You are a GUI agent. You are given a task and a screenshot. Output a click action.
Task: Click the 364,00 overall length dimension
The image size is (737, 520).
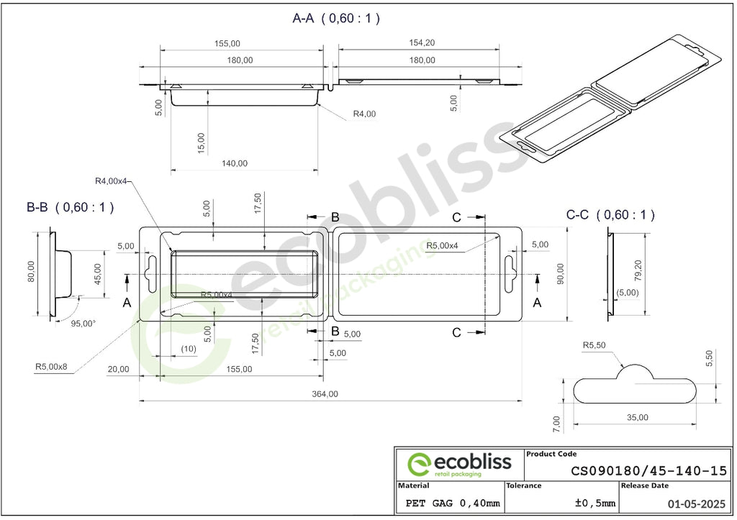click(325, 394)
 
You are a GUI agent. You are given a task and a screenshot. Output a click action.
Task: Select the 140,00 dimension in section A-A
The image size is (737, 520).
click(235, 163)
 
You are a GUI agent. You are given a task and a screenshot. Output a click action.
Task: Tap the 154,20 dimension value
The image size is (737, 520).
click(422, 42)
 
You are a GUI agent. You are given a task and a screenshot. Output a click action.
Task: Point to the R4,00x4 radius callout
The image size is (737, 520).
click(112, 181)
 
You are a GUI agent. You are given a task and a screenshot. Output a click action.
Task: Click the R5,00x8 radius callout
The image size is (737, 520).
click(51, 366)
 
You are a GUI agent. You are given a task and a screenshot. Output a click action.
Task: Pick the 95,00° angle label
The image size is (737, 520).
click(83, 323)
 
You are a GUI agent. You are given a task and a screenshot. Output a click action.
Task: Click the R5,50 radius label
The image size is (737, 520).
click(594, 345)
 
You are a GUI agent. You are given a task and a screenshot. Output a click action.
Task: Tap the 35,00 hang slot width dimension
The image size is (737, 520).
click(638, 418)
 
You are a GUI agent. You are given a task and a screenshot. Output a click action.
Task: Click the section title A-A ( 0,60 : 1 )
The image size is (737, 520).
click(336, 18)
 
